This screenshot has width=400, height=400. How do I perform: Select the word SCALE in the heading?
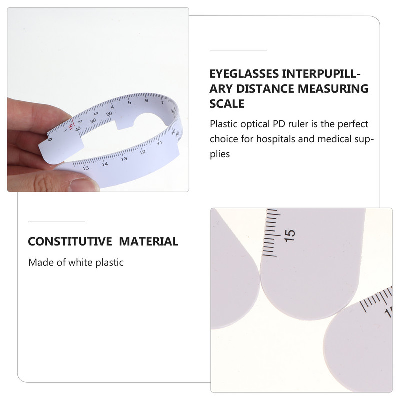coord(227,104)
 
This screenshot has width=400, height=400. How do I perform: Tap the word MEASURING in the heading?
coord(333,89)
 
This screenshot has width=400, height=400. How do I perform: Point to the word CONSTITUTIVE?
coord(70,242)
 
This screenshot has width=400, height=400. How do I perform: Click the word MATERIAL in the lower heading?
coord(148,242)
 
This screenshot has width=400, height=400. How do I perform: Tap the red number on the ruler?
coord(71,126)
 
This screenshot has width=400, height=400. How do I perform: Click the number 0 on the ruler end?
coord(50,140)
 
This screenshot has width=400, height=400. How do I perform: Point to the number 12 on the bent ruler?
coord(142,152)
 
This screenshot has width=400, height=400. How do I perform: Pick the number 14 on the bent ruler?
coord(105,164)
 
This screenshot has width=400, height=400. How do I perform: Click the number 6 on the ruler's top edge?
coord(146,101)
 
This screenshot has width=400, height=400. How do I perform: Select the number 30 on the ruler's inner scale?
coord(93,120)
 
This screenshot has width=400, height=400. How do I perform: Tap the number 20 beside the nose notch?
coord(109,114)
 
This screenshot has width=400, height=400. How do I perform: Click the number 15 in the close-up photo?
coord(290,235)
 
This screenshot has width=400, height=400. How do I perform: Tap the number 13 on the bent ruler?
coord(124,159)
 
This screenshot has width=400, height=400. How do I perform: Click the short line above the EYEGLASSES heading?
coord(238,50)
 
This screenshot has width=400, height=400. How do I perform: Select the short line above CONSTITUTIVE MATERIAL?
coord(57,222)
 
